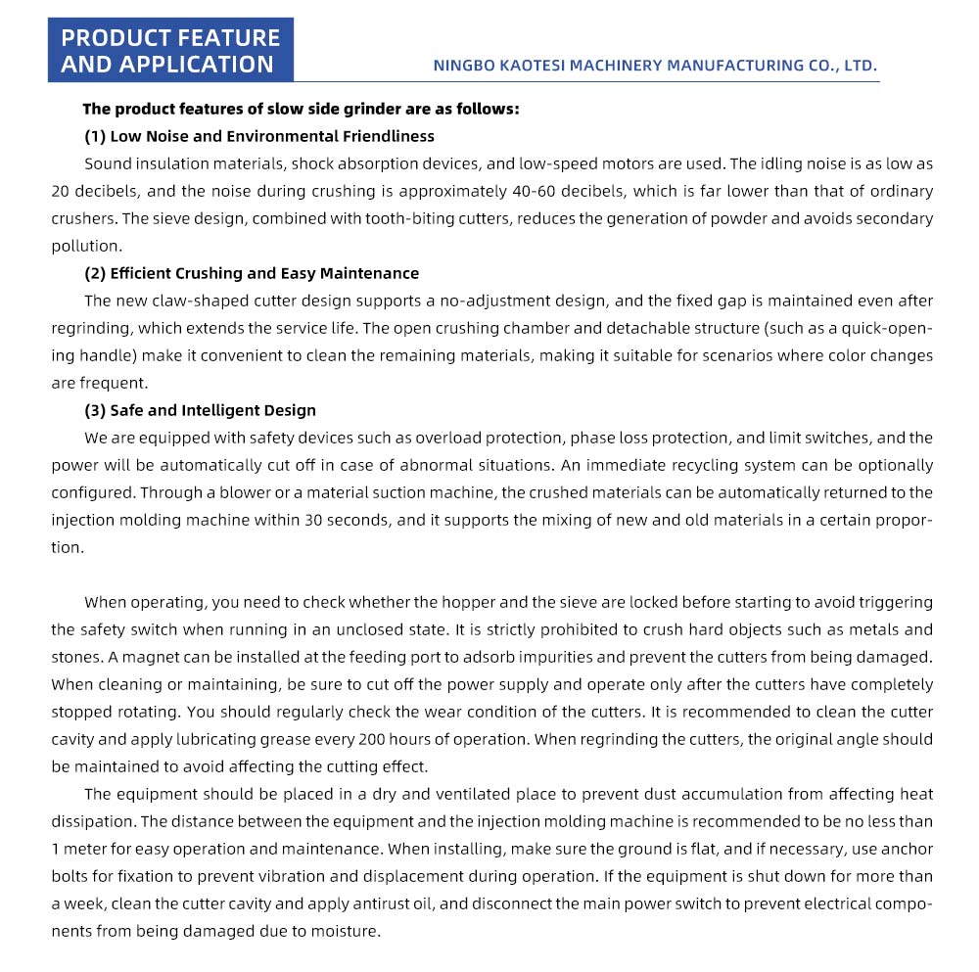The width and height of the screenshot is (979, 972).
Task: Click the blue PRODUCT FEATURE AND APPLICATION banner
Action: (x=170, y=51)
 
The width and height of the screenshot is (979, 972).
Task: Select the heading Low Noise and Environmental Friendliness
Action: (x=272, y=136)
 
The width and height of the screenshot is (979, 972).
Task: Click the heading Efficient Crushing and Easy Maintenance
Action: (x=264, y=273)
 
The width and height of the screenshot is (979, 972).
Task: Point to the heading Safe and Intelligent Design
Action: (x=212, y=410)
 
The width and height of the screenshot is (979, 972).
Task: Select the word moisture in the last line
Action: (x=345, y=931)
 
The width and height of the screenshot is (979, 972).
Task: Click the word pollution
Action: (x=86, y=246)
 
